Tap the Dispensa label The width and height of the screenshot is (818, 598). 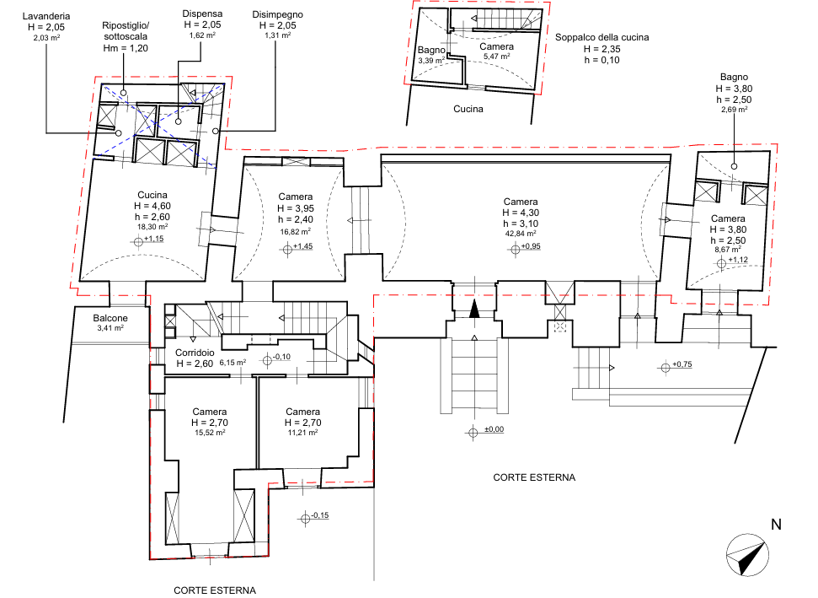(202, 14)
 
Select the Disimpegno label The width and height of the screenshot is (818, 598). (277, 15)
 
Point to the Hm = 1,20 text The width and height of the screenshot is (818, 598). (126, 49)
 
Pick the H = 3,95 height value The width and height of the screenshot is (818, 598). (297, 208)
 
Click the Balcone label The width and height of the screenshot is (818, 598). (112, 318)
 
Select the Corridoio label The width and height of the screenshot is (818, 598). (195, 352)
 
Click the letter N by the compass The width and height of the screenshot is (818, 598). (775, 525)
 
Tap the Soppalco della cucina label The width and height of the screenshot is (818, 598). (601, 38)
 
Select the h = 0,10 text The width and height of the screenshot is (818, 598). (601, 61)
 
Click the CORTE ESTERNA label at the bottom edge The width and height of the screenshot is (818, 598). (215, 590)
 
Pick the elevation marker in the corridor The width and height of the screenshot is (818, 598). (268, 360)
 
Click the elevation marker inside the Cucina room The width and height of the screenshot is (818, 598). (140, 240)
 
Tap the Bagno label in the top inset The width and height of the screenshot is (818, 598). (431, 51)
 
